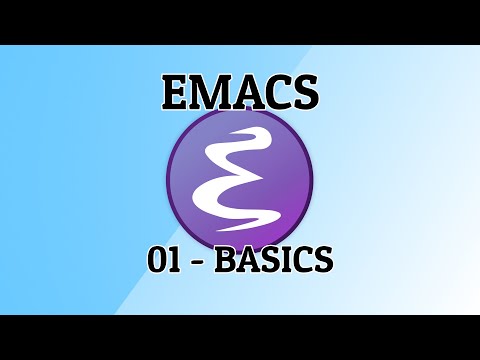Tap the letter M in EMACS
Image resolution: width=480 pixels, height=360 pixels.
pos(208,92)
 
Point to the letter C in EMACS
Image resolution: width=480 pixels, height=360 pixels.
pos(274,92)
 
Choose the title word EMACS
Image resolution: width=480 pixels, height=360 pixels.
pos(240,92)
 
